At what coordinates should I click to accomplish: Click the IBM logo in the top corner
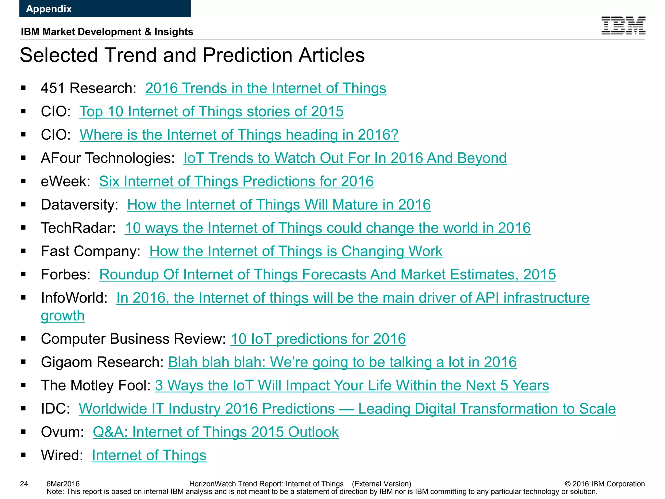[x=623, y=25]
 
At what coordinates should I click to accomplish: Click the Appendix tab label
[x=49, y=9]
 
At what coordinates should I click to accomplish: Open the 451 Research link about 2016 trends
[x=265, y=88]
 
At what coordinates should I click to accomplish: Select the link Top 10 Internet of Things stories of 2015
[x=211, y=111]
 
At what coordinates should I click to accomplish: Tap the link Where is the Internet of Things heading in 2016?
[x=239, y=135]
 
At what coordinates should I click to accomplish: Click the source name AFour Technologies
[x=107, y=158]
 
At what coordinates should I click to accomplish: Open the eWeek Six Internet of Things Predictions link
[x=236, y=181]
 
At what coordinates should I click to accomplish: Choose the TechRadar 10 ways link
[x=327, y=228]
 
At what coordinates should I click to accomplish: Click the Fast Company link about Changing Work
[x=295, y=251]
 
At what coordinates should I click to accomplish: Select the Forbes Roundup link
[x=327, y=275]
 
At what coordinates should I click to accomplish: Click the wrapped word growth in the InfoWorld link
[x=63, y=316]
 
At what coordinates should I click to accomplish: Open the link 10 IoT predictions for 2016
[x=318, y=339]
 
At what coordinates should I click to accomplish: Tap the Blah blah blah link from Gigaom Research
[x=342, y=362]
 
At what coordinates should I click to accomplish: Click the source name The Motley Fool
[x=95, y=386]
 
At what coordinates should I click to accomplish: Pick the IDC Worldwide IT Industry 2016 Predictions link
[x=347, y=409]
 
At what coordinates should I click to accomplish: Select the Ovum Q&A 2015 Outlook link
[x=216, y=432]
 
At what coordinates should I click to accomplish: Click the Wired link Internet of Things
[x=149, y=455]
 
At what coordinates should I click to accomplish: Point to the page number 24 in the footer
[x=24, y=484]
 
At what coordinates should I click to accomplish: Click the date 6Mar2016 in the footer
[x=63, y=484]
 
